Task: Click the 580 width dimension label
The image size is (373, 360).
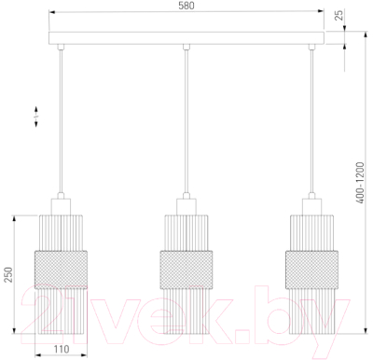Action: [x=186, y=6]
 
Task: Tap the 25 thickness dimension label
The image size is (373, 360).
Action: [x=339, y=15]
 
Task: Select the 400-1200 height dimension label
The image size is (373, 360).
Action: [x=360, y=183]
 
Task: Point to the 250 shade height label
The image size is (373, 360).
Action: [x=8, y=274]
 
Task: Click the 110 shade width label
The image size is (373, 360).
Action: [x=62, y=350]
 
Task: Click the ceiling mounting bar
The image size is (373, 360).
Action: [x=186, y=38]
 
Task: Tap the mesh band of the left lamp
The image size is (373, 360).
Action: [x=61, y=270]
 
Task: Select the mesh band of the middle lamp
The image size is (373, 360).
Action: [x=186, y=270]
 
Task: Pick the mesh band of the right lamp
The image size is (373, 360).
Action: [x=311, y=270]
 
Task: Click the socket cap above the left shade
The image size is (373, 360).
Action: [x=61, y=207]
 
